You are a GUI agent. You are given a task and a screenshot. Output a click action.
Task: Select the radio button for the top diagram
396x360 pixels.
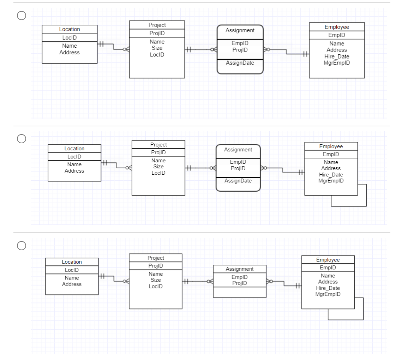click(x=22, y=15)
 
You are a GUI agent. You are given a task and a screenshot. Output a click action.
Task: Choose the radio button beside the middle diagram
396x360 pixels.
click(x=22, y=139)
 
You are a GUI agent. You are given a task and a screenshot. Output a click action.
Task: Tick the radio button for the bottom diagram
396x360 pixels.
click(x=22, y=245)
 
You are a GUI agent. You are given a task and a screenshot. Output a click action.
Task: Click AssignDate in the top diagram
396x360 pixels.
click(x=240, y=62)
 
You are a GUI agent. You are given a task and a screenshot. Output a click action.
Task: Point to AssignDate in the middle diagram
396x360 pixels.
click(x=238, y=181)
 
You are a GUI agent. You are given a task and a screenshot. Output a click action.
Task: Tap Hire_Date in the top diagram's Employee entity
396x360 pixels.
click(x=337, y=56)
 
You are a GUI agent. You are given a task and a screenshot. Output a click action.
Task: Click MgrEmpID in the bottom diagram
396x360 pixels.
click(x=328, y=294)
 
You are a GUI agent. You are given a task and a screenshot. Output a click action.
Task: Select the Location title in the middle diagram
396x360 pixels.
click(x=74, y=149)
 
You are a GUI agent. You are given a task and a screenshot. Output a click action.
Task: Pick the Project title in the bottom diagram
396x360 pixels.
click(x=156, y=258)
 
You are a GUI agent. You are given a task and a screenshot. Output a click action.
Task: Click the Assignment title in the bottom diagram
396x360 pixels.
click(x=239, y=269)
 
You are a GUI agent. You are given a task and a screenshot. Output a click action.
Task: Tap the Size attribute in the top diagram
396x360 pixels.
click(x=157, y=48)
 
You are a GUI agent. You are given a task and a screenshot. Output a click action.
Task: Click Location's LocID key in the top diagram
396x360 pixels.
click(x=70, y=37)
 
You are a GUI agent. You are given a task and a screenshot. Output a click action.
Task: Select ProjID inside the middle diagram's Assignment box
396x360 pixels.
click(x=238, y=168)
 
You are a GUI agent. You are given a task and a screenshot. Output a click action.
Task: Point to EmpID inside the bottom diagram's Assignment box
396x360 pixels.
click(x=239, y=277)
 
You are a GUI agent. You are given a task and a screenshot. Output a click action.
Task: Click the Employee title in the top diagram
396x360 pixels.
click(x=337, y=27)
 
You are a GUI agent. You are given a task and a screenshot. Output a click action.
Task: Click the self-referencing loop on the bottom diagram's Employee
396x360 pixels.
click(x=363, y=309)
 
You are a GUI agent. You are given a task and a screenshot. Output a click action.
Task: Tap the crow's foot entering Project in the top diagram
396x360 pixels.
click(x=126, y=50)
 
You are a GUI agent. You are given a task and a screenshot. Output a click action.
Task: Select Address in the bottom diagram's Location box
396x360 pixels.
click(x=72, y=284)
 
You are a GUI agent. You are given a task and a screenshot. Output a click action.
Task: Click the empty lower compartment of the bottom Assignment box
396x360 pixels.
click(x=239, y=292)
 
